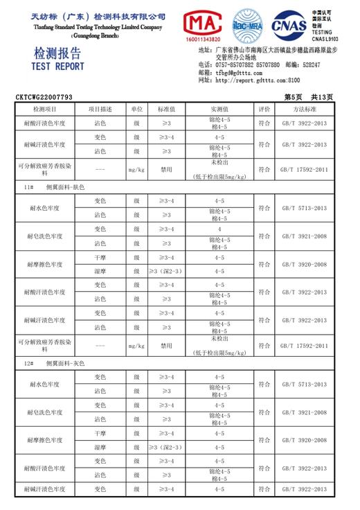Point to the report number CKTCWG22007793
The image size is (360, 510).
coord(44,98)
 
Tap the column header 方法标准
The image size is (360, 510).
coord(304,109)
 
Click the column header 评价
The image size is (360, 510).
coord(264,109)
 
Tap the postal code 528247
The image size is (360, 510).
coord(309,65)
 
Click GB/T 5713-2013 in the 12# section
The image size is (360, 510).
coord(304,384)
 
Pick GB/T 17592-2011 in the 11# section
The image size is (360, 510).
coord(304,344)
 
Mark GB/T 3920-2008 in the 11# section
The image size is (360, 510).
coord(304,264)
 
